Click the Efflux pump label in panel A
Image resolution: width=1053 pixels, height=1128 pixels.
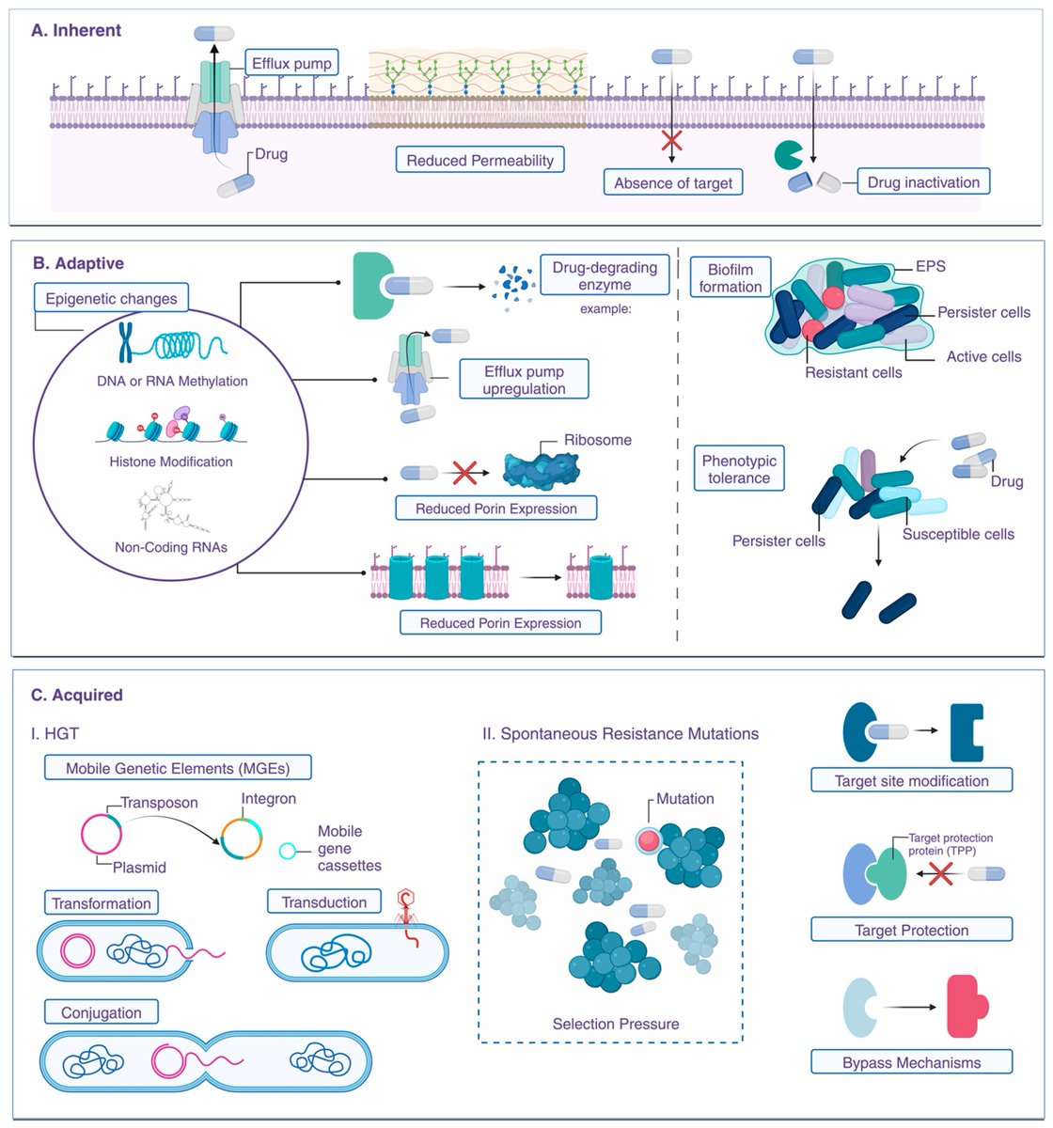(291, 62)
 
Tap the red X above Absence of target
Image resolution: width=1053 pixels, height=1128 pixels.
(671, 140)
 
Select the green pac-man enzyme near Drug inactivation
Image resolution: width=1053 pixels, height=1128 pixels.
(788, 154)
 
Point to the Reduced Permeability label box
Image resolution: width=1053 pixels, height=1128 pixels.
(479, 160)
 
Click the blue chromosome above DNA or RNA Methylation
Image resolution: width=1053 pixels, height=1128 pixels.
(125, 342)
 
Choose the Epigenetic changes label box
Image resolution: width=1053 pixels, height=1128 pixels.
(111, 298)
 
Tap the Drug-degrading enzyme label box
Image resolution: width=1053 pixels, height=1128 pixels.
(605, 274)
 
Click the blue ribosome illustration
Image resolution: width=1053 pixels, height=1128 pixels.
(541, 471)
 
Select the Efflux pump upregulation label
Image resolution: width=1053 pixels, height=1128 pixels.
(524, 379)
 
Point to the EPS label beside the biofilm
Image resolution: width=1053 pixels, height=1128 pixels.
(930, 266)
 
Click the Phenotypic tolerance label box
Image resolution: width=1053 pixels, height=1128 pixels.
(739, 468)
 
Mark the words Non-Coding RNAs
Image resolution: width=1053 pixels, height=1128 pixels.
(171, 546)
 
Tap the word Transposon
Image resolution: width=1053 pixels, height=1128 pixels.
(159, 802)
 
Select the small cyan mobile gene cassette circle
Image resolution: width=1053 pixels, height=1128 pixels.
(287, 851)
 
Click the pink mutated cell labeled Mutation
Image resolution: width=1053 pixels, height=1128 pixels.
(648, 840)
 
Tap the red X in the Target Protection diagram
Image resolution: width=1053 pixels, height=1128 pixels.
(940, 873)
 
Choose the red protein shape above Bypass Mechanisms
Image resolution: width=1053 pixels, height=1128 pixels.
(967, 1007)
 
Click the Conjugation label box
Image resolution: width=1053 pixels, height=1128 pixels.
(102, 1012)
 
